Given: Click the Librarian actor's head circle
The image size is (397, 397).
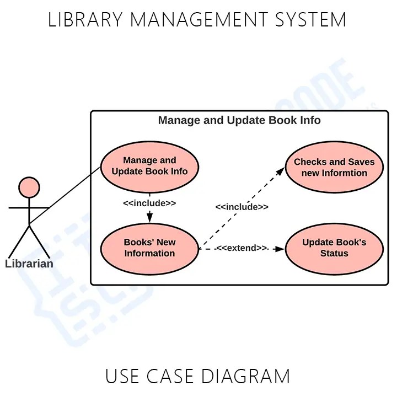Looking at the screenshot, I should pos(29,187).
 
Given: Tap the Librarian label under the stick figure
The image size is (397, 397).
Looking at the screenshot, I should pos(29,264).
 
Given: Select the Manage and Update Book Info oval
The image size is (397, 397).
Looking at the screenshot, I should pos(149,166).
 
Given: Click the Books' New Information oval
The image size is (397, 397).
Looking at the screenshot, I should pos(149,248).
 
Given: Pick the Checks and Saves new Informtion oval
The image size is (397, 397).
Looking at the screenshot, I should pos(334,168).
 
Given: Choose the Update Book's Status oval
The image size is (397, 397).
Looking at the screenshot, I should pos(334,248).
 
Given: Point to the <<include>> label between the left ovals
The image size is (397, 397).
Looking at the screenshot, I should pos(149,203).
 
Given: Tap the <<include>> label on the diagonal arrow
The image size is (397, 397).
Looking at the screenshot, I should pos(242,207).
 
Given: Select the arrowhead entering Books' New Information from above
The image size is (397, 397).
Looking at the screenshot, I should pos(149,218).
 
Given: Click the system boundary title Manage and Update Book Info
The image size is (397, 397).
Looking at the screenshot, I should pos(239,120).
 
